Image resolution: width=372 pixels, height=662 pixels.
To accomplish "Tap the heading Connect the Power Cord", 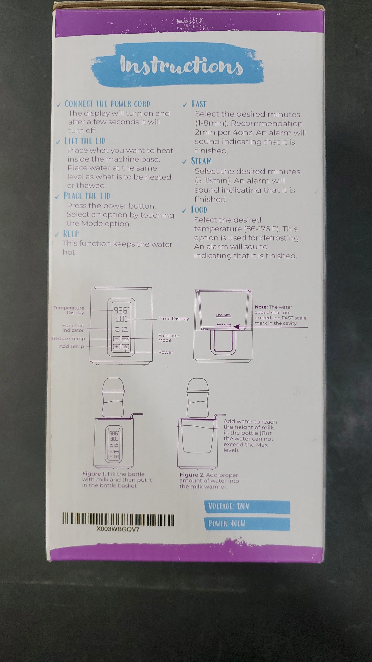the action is click(107, 104).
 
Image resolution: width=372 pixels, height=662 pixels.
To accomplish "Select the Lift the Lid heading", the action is click(85, 141).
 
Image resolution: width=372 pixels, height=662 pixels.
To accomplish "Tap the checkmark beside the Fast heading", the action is click(185, 105).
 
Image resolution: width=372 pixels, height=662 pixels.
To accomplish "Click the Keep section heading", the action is click(71, 234).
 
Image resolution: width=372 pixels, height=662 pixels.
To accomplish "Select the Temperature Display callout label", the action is click(69, 310).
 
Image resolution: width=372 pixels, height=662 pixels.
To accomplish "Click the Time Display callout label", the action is click(174, 319).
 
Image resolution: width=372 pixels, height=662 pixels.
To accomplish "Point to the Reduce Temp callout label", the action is click(68, 338).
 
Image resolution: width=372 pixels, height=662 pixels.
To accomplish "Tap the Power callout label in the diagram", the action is click(166, 352).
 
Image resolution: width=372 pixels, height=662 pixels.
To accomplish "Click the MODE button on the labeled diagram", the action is click(125, 339).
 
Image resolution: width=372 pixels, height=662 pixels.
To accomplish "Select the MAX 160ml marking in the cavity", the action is click(224, 315).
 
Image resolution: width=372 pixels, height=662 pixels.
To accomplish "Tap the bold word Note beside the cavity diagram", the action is click(261, 307).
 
